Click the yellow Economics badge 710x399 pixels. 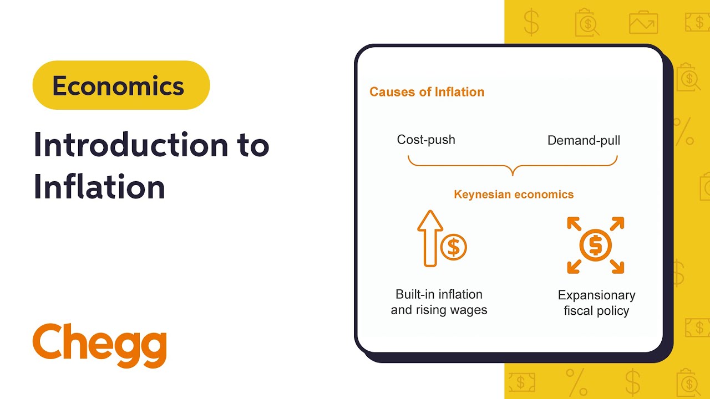(121, 85)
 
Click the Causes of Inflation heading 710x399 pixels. (427, 92)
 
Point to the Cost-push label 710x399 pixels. (426, 140)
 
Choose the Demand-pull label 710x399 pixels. (584, 140)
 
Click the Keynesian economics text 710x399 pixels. (514, 195)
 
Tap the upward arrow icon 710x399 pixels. (430, 238)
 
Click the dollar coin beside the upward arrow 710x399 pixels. (453, 247)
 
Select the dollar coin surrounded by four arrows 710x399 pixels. (595, 245)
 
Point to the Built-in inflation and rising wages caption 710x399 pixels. (439, 302)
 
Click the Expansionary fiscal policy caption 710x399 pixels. (596, 303)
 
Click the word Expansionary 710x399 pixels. (596, 295)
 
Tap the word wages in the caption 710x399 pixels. (469, 310)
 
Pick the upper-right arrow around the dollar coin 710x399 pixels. (617, 224)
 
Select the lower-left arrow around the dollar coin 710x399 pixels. (574, 267)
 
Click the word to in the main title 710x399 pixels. (249, 145)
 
